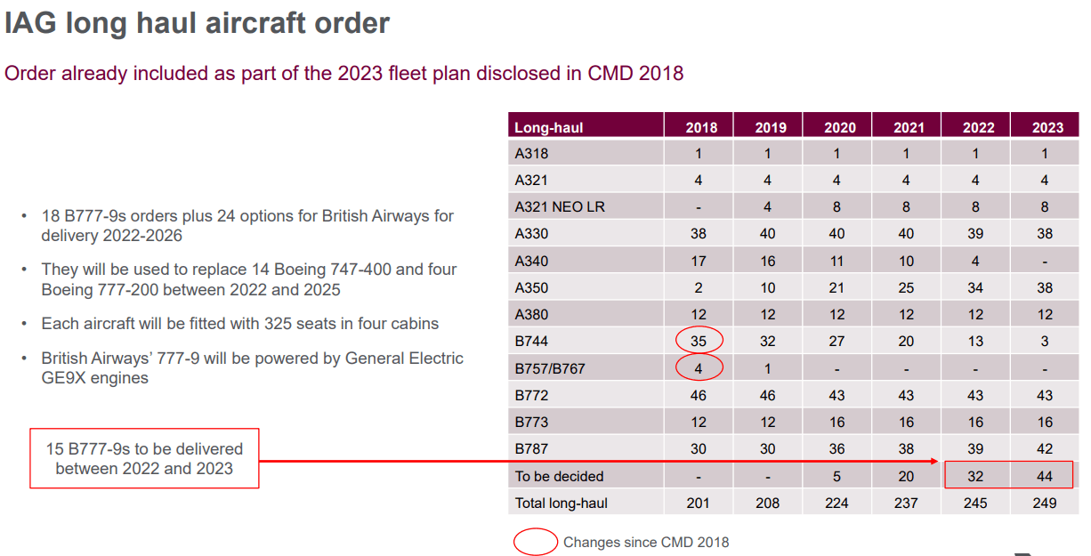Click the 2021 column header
pos(908,127)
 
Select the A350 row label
pos(531,287)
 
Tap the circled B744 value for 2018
pos(699,341)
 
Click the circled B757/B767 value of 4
pos(699,367)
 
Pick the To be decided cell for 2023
pos(1045,476)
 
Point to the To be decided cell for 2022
pos(975,476)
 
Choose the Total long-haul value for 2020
pos(837,503)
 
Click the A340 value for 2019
pos(768,261)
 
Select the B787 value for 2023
pos(1045,449)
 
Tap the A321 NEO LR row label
pos(559,206)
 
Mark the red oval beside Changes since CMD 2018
pos(536,542)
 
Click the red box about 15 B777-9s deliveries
pos(144,458)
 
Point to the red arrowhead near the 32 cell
pos(938,462)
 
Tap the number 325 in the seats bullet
pos(280,323)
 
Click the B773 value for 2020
pos(837,422)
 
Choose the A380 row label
pos(531,314)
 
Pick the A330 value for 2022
pos(975,233)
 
